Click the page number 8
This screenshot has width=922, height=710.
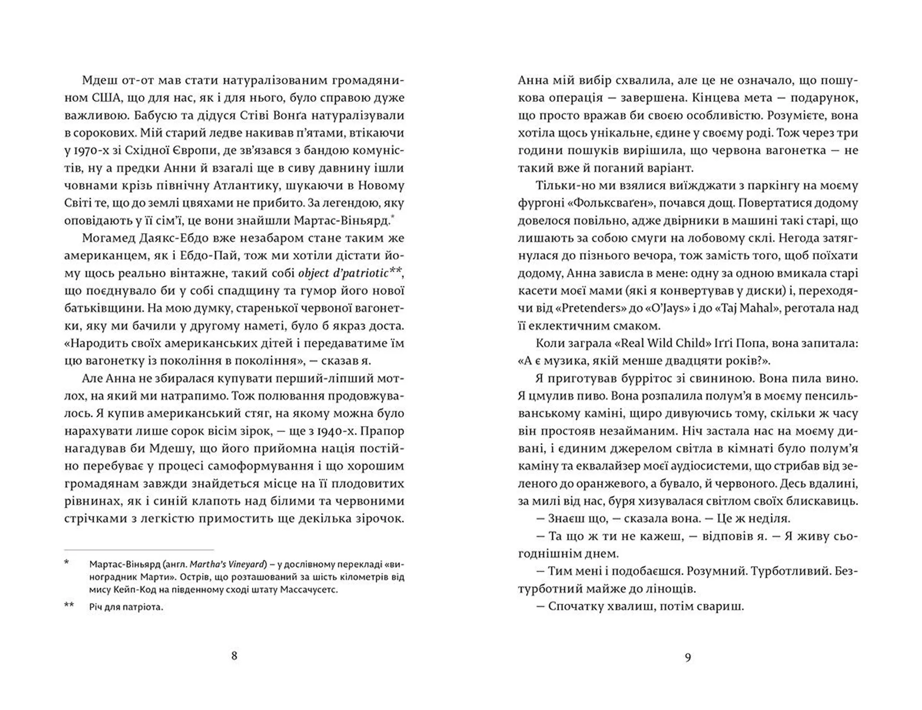(x=234, y=656)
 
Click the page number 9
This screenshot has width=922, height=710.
(x=688, y=657)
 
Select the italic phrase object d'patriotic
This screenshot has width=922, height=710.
(x=343, y=273)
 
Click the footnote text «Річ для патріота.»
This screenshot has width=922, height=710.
(x=126, y=607)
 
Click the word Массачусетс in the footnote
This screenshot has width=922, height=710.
(x=313, y=589)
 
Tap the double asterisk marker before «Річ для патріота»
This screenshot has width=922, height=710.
(x=69, y=605)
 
